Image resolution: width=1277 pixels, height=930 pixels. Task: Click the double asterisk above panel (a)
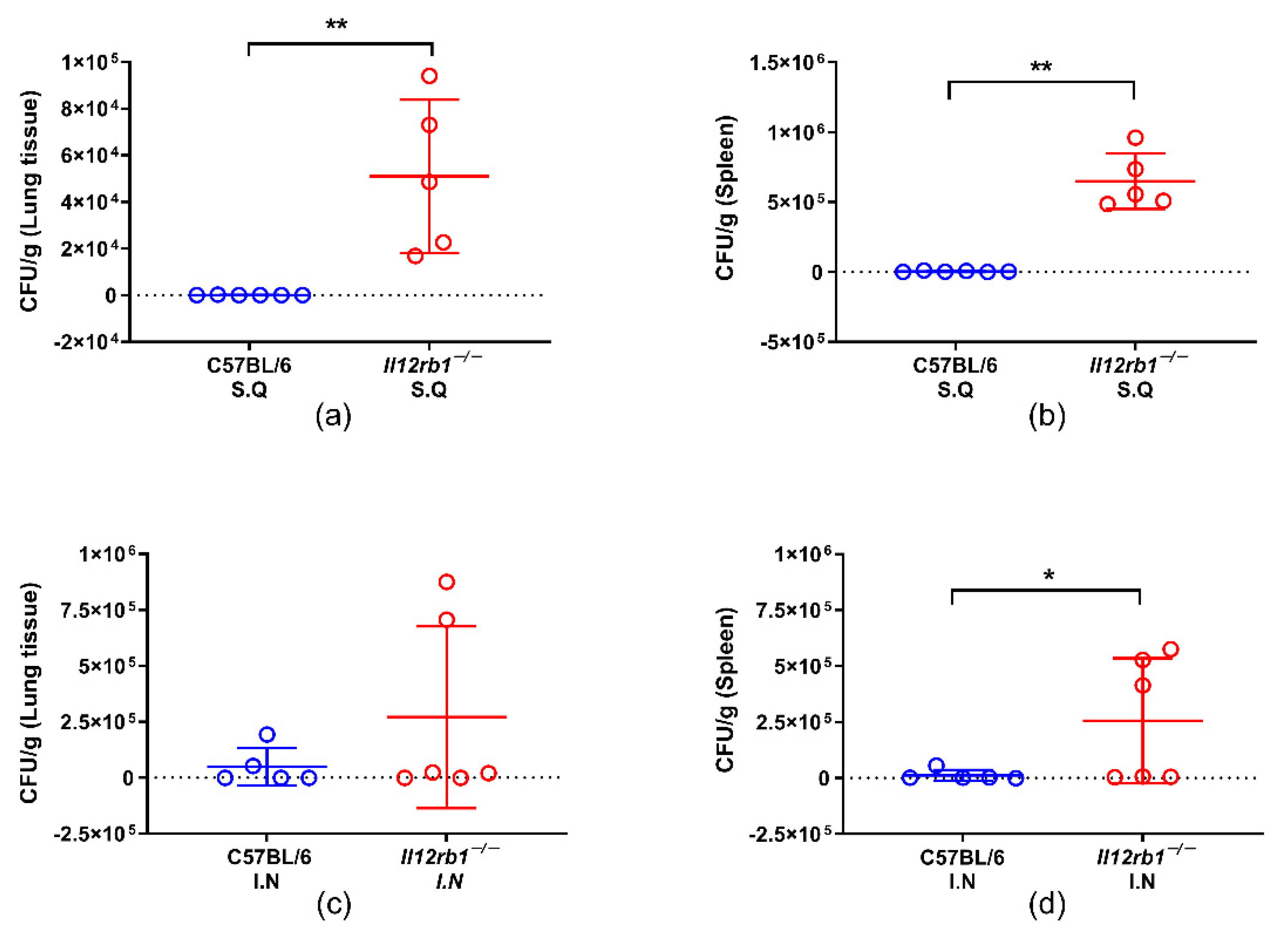tap(337, 25)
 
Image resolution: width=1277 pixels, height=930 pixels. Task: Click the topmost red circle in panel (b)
tap(1136, 138)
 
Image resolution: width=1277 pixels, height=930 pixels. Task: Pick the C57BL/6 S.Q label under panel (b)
tap(955, 377)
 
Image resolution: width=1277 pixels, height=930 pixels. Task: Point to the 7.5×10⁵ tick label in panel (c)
tap(106, 610)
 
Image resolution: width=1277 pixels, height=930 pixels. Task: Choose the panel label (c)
tap(334, 905)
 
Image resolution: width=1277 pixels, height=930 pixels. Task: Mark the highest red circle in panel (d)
tap(1170, 650)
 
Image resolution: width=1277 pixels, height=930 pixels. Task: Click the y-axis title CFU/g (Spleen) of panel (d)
tap(726, 690)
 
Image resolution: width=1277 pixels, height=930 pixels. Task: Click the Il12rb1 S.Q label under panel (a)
tap(430, 377)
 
